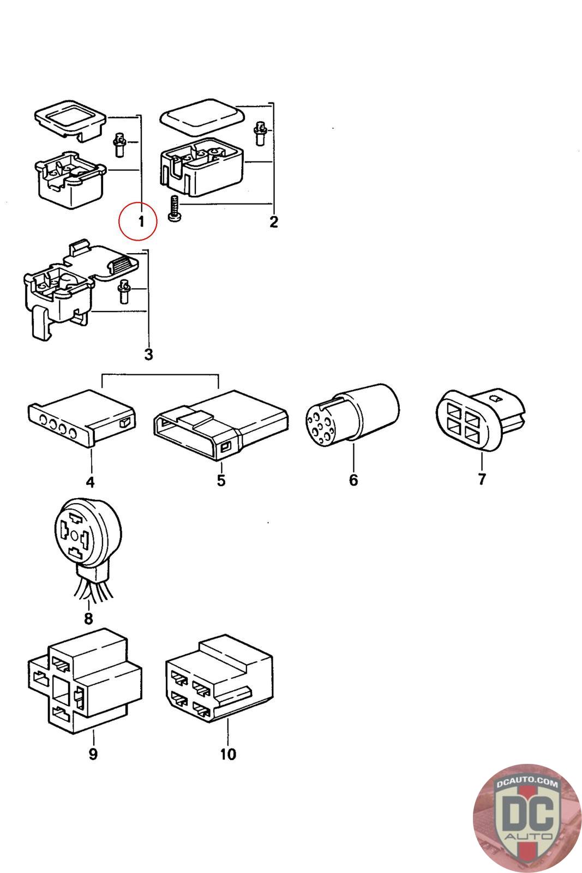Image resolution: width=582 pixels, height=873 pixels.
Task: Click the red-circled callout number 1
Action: [141, 222]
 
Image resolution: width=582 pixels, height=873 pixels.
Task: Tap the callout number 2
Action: [273, 222]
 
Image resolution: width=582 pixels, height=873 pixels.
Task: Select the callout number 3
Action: [148, 354]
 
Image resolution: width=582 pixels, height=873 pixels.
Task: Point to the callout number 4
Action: [90, 482]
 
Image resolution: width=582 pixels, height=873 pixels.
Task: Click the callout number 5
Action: [221, 481]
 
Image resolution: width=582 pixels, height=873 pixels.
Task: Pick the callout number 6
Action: [353, 480]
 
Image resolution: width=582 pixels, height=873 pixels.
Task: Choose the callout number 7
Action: [482, 480]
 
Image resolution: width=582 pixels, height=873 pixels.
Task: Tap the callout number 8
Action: [88, 618]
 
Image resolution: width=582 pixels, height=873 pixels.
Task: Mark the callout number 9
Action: [93, 754]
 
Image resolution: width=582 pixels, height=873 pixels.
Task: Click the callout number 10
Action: [228, 754]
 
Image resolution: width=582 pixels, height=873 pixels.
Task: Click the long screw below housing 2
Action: [175, 209]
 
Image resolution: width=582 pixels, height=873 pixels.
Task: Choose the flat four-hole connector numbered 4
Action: [82, 418]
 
